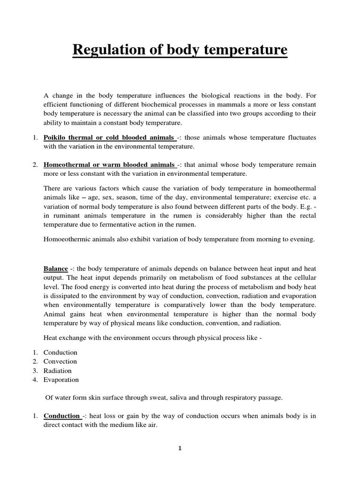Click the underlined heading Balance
tap(55, 269)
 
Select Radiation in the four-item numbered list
tap(57, 370)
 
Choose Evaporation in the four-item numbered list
tap(61, 380)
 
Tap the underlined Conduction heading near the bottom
tap(61, 415)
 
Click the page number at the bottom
tap(180, 448)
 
